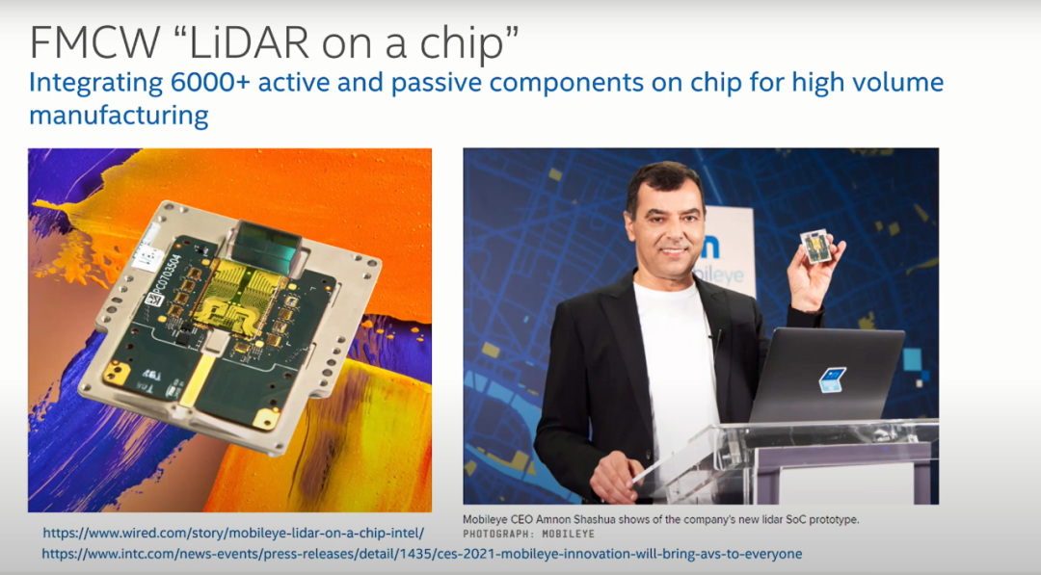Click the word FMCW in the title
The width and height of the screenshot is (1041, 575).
94,43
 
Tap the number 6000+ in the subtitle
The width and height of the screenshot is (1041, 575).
210,82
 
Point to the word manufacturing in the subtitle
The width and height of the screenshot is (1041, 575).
119,116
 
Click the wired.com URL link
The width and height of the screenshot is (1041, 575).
233,533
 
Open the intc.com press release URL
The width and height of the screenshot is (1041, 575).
421,554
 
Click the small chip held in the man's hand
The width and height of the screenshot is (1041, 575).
816,246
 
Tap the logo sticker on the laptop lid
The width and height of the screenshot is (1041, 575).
832,379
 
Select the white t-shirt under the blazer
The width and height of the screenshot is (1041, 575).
676,365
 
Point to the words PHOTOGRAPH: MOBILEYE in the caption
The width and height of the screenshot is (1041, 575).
528,534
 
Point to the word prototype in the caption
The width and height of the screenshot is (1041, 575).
833,520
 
